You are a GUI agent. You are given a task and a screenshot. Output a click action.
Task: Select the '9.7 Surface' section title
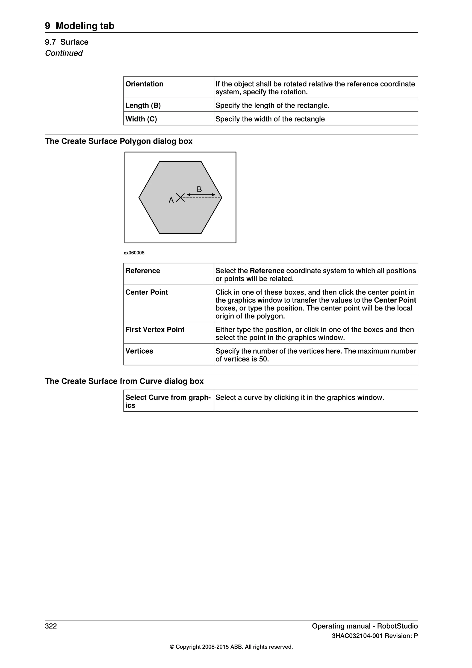pyautogui.click(x=67, y=42)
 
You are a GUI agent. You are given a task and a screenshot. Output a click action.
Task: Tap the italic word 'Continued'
pyautogui.click(x=64, y=53)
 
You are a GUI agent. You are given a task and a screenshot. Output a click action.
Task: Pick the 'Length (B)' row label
pyautogui.click(x=143, y=105)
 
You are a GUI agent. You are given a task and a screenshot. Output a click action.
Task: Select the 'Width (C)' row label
pyautogui.click(x=141, y=119)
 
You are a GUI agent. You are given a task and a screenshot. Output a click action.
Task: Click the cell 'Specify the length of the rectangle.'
pyautogui.click(x=272, y=105)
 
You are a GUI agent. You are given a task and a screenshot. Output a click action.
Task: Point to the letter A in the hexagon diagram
pyautogui.click(x=171, y=200)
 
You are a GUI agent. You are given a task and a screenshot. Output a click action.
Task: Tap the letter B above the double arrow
pyautogui.click(x=199, y=189)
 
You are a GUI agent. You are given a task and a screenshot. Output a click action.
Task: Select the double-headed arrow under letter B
pyautogui.click(x=201, y=195)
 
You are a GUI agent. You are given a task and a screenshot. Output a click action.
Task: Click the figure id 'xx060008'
pyautogui.click(x=134, y=253)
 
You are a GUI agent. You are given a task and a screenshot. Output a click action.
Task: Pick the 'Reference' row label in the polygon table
pyautogui.click(x=143, y=271)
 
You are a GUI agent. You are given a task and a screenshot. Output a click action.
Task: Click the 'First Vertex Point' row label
pyautogui.click(x=155, y=330)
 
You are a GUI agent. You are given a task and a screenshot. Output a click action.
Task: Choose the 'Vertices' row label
pyautogui.click(x=139, y=351)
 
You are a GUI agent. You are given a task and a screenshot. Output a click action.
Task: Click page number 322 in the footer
pyautogui.click(x=51, y=626)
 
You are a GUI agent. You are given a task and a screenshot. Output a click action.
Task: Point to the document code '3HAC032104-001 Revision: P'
pyautogui.click(x=375, y=636)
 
